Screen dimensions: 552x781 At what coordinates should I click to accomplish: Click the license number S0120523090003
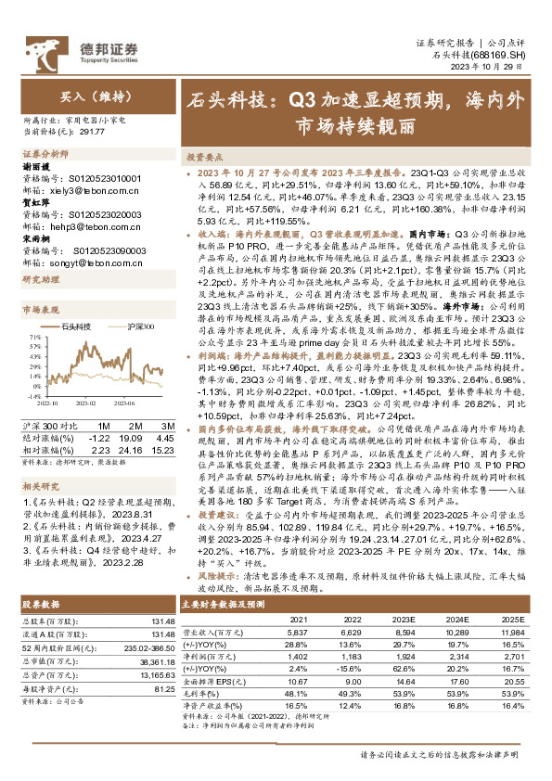[x=105, y=250]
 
